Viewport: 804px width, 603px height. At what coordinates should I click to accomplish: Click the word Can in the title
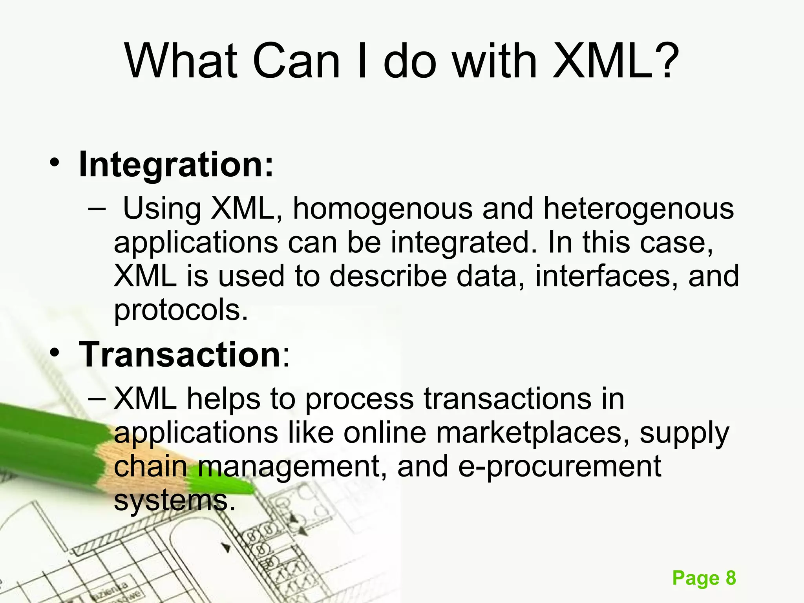(296, 61)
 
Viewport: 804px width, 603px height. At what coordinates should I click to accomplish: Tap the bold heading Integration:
(175, 165)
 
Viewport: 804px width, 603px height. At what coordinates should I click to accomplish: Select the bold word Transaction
(180, 354)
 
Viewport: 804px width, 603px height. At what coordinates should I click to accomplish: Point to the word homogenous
(383, 208)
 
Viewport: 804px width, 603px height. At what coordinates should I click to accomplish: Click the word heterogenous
(638, 208)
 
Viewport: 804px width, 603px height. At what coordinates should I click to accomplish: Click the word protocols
(181, 310)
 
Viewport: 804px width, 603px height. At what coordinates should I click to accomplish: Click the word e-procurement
(559, 466)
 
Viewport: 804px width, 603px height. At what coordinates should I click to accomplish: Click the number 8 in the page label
(731, 578)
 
